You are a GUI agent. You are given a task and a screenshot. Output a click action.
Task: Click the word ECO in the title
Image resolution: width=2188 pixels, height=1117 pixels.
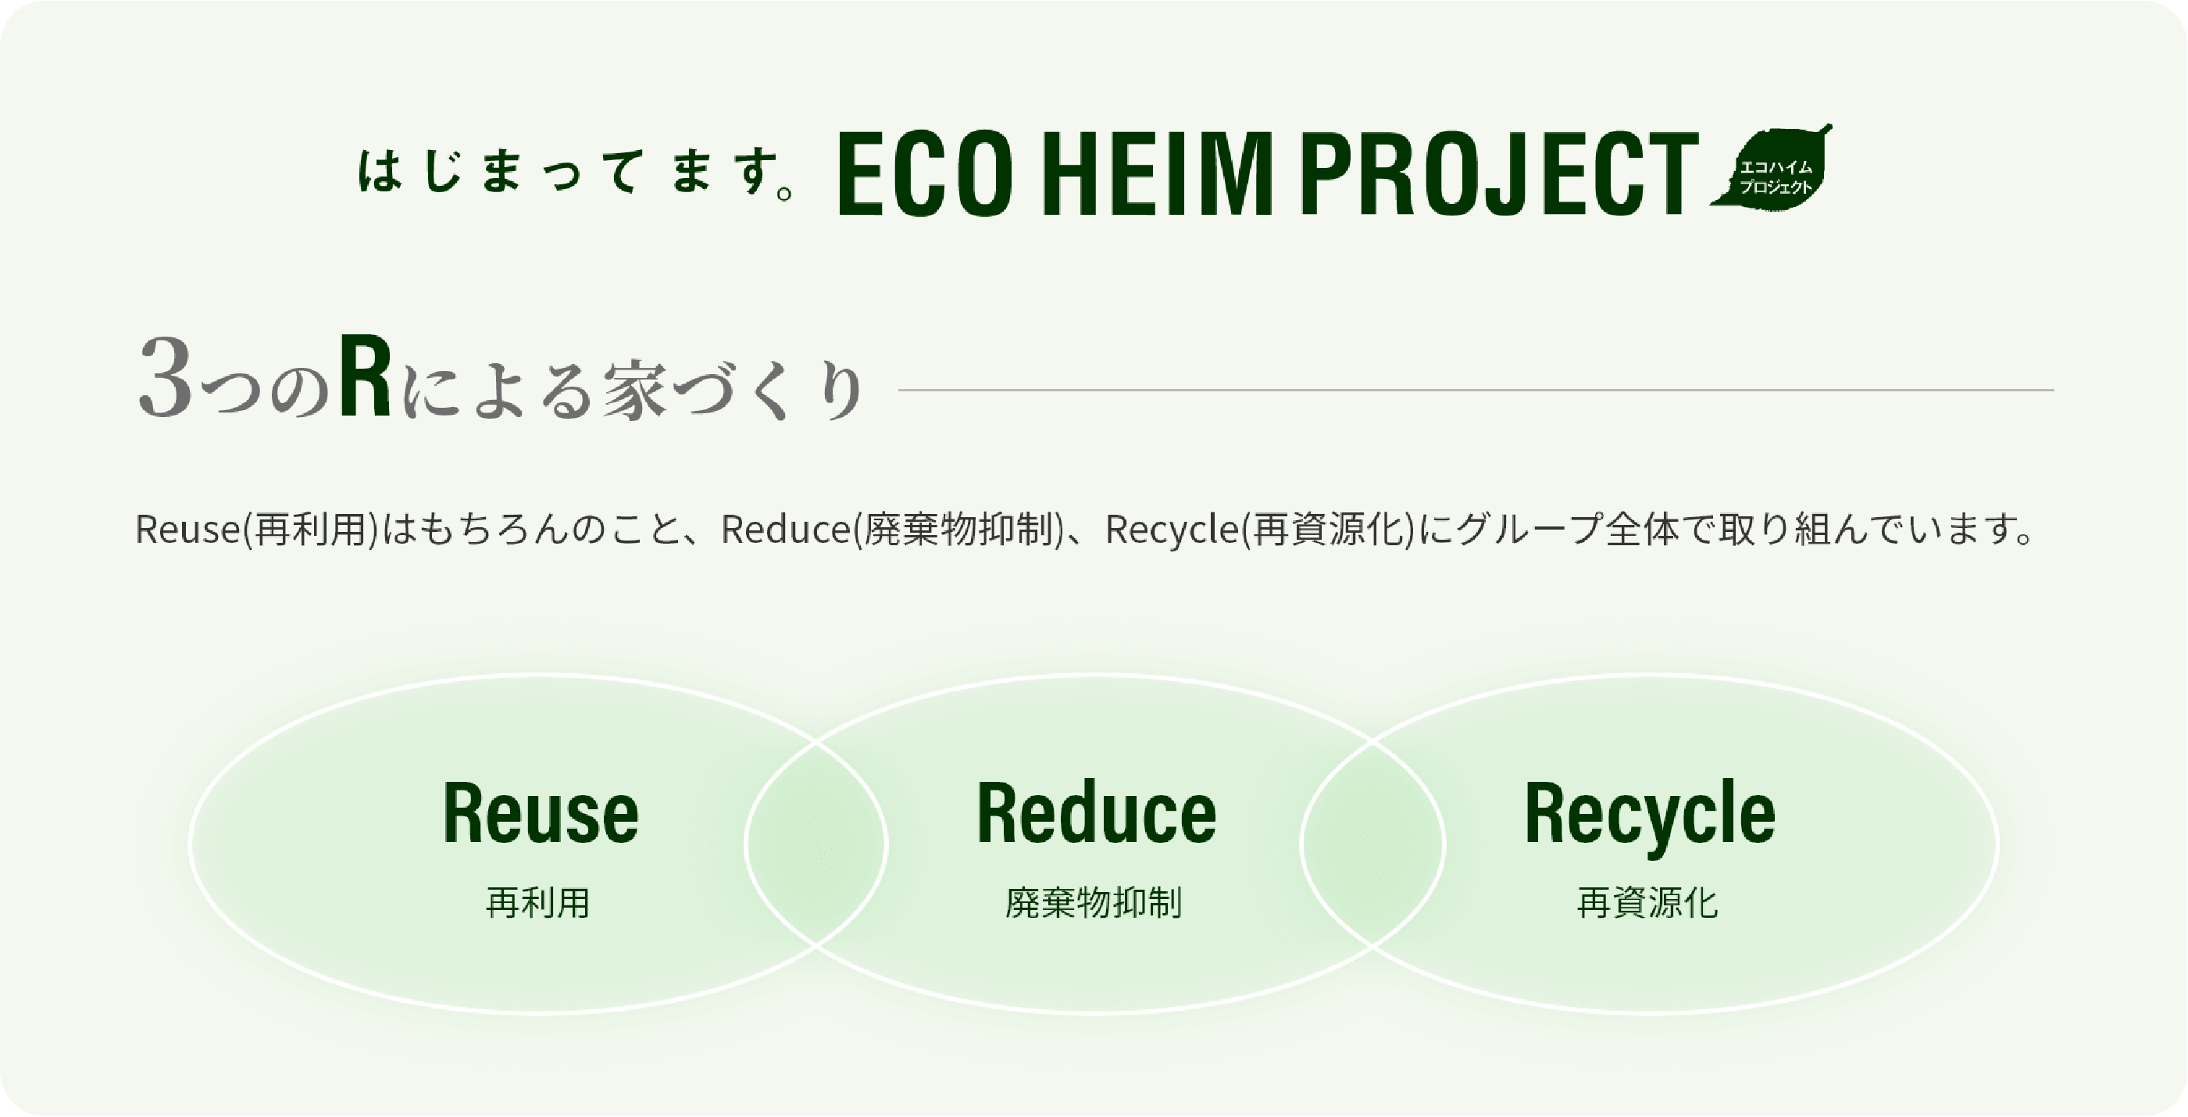(x=925, y=174)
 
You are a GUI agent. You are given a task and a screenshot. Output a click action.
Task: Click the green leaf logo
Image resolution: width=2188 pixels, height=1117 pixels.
(x=1772, y=166)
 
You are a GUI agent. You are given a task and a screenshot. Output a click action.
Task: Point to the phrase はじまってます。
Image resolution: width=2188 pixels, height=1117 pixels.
(x=576, y=172)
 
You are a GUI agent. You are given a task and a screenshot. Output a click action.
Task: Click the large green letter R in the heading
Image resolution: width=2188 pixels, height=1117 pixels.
(x=366, y=376)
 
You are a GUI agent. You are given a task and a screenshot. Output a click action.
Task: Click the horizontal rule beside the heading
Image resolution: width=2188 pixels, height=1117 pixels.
(x=1476, y=390)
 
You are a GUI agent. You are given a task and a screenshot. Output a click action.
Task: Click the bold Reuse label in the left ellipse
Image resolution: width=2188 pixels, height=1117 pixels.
(x=541, y=813)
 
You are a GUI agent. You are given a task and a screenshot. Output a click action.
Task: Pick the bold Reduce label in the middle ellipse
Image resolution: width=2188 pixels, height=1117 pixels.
(x=1097, y=813)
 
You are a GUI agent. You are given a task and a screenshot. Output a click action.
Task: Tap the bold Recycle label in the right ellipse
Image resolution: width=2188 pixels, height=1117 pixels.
(x=1650, y=815)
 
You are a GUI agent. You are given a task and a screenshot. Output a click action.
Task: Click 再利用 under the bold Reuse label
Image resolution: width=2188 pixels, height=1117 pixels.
(x=537, y=902)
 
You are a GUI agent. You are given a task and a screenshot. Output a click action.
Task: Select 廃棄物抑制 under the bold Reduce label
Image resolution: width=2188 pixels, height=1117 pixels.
(x=1094, y=902)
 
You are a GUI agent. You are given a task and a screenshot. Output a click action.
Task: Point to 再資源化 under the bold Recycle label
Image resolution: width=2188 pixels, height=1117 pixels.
(x=1647, y=902)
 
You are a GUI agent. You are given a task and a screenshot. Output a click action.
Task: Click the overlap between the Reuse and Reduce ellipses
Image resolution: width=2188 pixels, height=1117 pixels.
(x=816, y=844)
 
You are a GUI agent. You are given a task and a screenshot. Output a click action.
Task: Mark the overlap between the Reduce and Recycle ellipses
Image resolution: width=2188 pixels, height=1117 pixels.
(x=1372, y=844)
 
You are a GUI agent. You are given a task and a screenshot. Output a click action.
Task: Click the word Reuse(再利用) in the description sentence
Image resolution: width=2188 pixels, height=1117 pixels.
(x=256, y=529)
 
